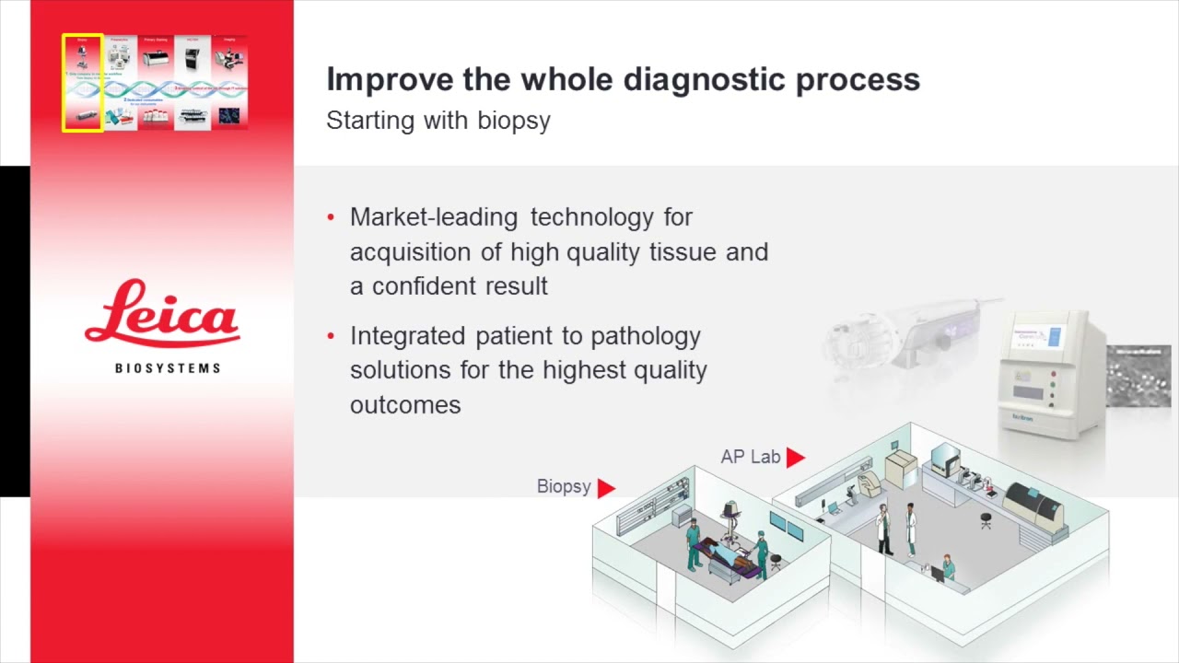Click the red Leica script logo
coord(162,315)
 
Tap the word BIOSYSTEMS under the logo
coord(168,368)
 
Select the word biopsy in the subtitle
coord(513,121)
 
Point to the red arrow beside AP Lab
coord(796,457)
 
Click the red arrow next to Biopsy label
coord(606,488)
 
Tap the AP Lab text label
coord(750,457)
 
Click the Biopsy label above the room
coord(564,486)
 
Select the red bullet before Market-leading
coord(332,218)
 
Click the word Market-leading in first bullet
coord(434,217)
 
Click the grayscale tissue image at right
coord(1138,376)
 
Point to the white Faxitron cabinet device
coord(1050,373)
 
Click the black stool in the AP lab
coord(986,520)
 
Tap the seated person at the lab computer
coord(948,565)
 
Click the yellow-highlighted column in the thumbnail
coord(83,83)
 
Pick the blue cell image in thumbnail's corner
coord(228,116)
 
